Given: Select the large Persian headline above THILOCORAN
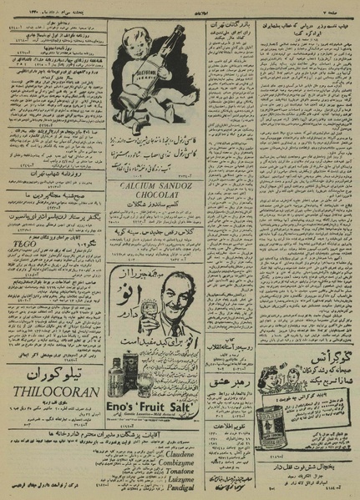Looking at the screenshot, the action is (52, 375).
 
